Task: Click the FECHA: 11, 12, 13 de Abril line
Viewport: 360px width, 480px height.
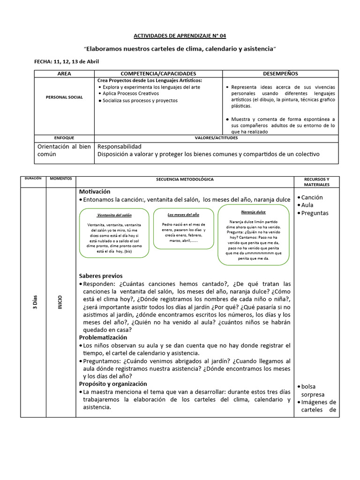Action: (67, 61)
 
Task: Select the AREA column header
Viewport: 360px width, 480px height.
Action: (64, 74)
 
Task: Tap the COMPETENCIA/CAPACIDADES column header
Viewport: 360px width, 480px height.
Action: (158, 74)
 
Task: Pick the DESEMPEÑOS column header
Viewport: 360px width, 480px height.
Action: (280, 74)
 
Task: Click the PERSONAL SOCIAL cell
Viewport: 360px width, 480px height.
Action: (64, 97)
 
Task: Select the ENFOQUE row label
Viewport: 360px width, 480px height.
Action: (64, 138)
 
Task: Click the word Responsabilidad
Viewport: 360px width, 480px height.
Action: (119, 147)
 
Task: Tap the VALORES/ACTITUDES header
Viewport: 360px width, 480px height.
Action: (216, 138)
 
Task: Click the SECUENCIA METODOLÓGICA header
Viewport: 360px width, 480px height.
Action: (185, 180)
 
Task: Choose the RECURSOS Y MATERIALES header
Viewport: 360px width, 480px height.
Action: (316, 181)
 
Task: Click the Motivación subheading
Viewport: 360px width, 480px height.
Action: (95, 192)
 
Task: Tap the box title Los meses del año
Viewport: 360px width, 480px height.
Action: (183, 214)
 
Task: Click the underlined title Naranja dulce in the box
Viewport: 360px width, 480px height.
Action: (253, 212)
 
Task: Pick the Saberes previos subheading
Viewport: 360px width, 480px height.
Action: (101, 276)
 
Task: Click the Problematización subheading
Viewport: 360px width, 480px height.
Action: (103, 337)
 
